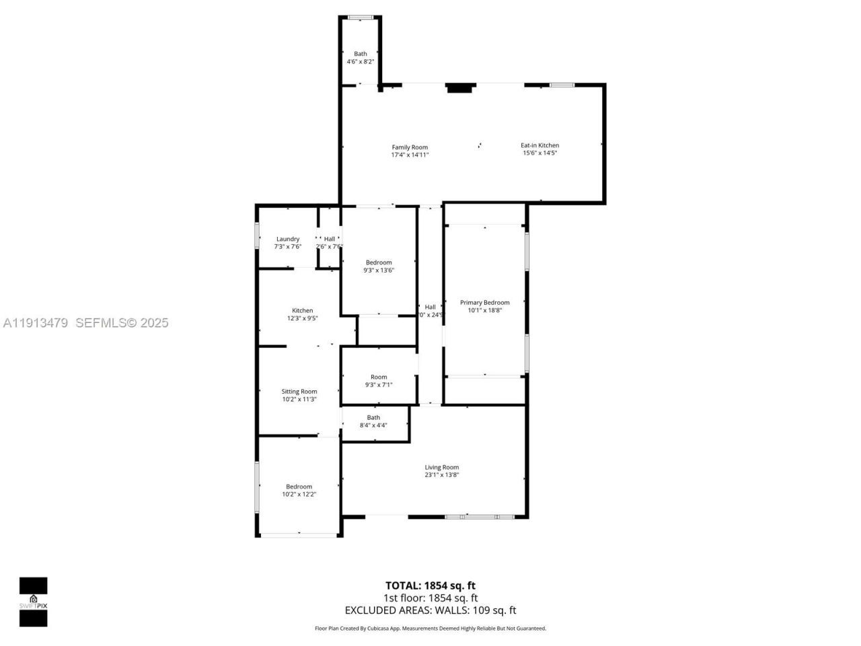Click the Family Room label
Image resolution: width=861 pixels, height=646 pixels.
[410, 147]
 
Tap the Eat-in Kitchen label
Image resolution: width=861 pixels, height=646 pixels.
[539, 145]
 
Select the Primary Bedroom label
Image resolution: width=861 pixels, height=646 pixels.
[484, 303]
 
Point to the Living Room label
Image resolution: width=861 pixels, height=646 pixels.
[441, 467]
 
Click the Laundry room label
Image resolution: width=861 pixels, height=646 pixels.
[288, 239]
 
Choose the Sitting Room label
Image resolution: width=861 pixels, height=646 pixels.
[299, 392]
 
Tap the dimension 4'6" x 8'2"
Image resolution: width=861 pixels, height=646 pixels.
[361, 61]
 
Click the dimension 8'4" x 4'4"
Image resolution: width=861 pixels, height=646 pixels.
[373, 425]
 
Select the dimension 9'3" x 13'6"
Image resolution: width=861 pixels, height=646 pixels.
[379, 271]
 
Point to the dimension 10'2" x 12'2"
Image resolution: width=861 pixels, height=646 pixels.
[299, 494]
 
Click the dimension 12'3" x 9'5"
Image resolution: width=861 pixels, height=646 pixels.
[302, 318]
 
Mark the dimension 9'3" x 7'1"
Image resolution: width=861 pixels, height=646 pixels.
[379, 385]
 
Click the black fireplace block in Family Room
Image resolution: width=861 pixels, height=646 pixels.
[461, 87]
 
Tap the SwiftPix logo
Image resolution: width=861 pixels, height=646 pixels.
[33, 602]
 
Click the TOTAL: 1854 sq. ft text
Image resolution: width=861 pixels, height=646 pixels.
[430, 585]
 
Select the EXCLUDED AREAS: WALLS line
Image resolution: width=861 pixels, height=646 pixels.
[430, 610]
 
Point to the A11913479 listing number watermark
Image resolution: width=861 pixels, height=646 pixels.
[36, 323]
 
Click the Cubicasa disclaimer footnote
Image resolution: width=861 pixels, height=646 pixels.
[430, 629]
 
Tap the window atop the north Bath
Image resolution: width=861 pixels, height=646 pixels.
[361, 17]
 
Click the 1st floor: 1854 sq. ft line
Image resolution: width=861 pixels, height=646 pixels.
[430, 598]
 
